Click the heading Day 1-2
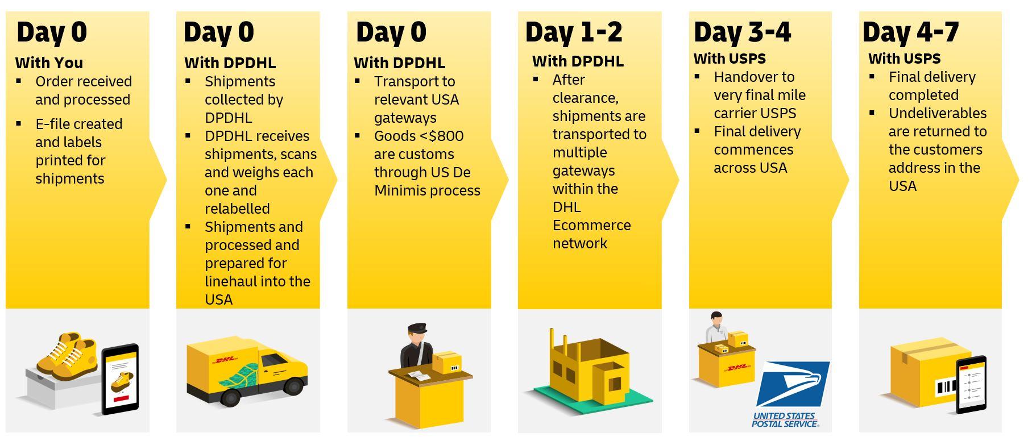(x=574, y=32)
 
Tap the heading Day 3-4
(x=742, y=32)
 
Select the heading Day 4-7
(x=911, y=32)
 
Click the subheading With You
(x=49, y=63)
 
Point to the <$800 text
(x=441, y=136)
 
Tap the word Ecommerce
(x=592, y=225)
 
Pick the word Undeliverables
(x=938, y=113)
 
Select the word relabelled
(x=237, y=209)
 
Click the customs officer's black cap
(x=416, y=328)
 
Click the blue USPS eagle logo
(x=793, y=384)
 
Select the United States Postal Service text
(x=785, y=420)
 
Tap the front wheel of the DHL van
(x=229, y=396)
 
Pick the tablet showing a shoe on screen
(x=120, y=379)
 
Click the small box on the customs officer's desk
(x=447, y=362)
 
